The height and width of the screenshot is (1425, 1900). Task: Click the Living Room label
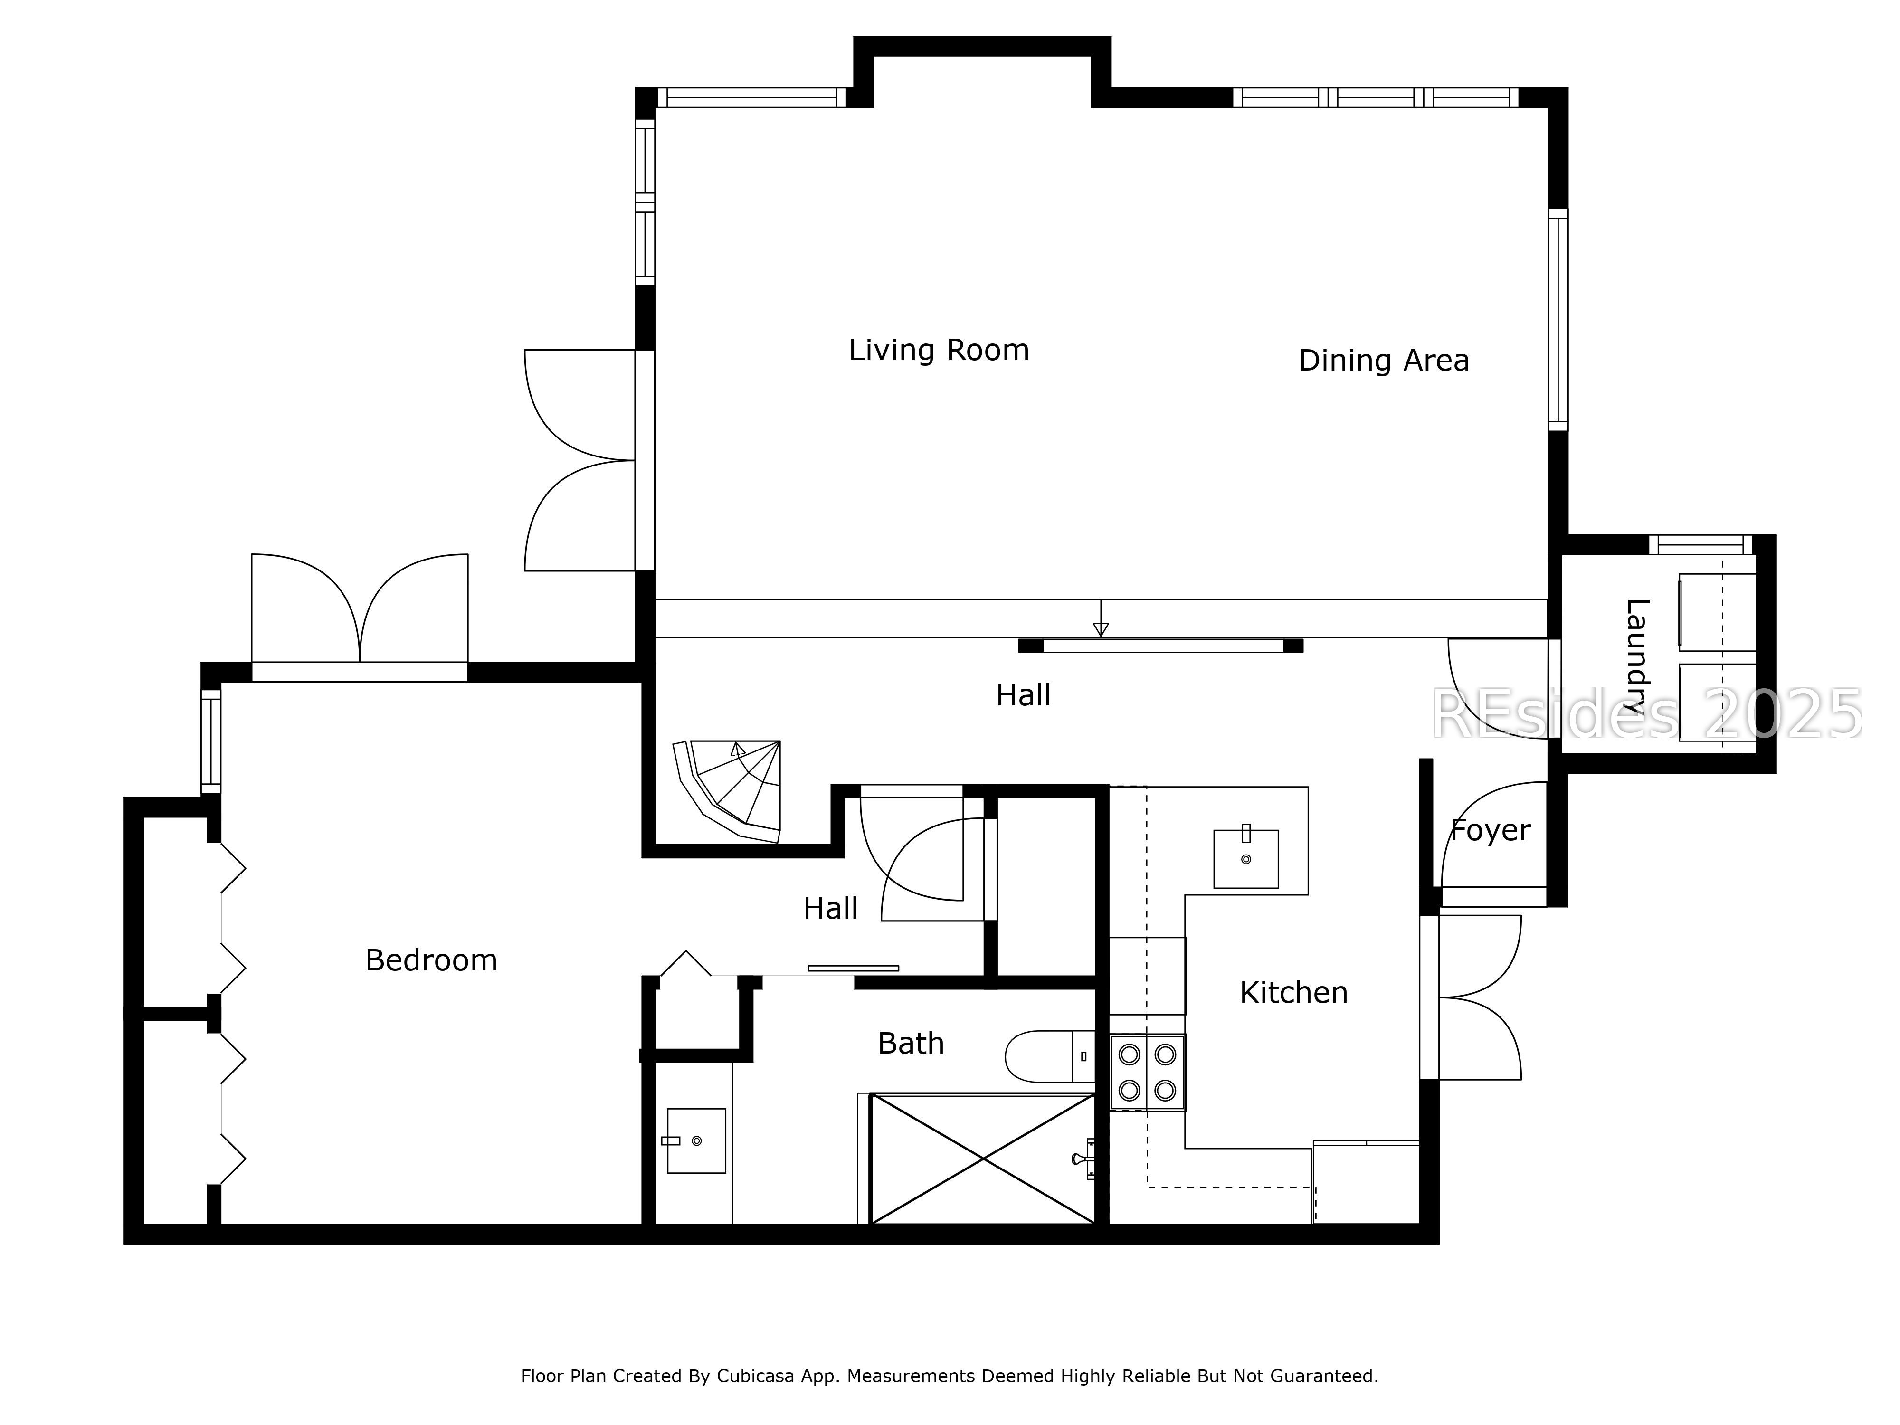click(938, 351)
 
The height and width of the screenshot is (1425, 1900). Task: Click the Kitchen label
click(1293, 993)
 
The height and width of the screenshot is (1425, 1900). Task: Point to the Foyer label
click(1490, 831)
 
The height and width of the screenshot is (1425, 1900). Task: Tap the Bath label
click(911, 1044)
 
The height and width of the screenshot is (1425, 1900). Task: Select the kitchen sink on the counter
click(1245, 858)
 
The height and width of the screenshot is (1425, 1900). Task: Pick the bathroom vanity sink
click(696, 1140)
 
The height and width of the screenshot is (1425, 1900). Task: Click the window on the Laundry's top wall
click(1700, 544)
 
